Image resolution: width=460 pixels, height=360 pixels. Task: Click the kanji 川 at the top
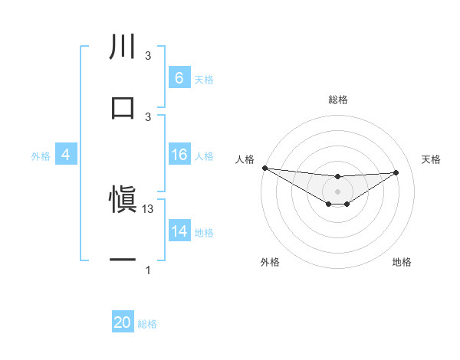[x=123, y=47]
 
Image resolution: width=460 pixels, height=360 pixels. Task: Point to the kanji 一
[x=123, y=260]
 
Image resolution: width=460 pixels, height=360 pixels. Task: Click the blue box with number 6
[x=179, y=78]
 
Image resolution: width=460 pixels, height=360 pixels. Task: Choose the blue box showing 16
[x=179, y=155]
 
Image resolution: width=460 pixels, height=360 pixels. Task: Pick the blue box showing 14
[x=179, y=232]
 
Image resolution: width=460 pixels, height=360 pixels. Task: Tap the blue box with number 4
[x=66, y=155]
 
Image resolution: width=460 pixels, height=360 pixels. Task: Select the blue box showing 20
[x=123, y=323]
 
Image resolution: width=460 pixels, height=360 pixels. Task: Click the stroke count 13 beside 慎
[x=149, y=209]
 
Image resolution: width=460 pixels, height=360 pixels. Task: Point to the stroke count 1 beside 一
[x=148, y=270]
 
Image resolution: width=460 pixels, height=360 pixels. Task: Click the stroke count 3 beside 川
[x=148, y=56]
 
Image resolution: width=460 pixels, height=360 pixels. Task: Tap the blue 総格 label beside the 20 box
[x=147, y=324]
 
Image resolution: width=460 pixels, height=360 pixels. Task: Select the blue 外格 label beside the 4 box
[x=41, y=156]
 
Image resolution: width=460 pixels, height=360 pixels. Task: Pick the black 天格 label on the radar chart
[x=431, y=159]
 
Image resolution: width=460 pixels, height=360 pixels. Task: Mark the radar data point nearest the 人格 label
[x=264, y=168]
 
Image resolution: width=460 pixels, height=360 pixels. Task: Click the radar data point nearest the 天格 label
[x=396, y=172]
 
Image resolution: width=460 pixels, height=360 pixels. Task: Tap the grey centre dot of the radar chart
[x=337, y=191]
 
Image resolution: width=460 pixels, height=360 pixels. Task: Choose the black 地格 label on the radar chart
[x=402, y=262]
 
